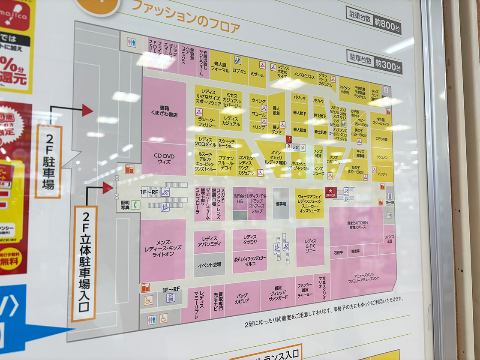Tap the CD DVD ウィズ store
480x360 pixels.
(164, 159)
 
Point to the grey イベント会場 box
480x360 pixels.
(209, 264)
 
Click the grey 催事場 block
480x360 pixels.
(281, 203)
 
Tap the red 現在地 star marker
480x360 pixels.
(331, 193)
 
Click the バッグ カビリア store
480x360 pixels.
(242, 298)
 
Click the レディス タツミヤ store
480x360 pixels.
(249, 240)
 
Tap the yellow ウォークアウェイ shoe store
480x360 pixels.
(310, 204)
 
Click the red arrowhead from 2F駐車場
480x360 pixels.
(87, 110)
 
